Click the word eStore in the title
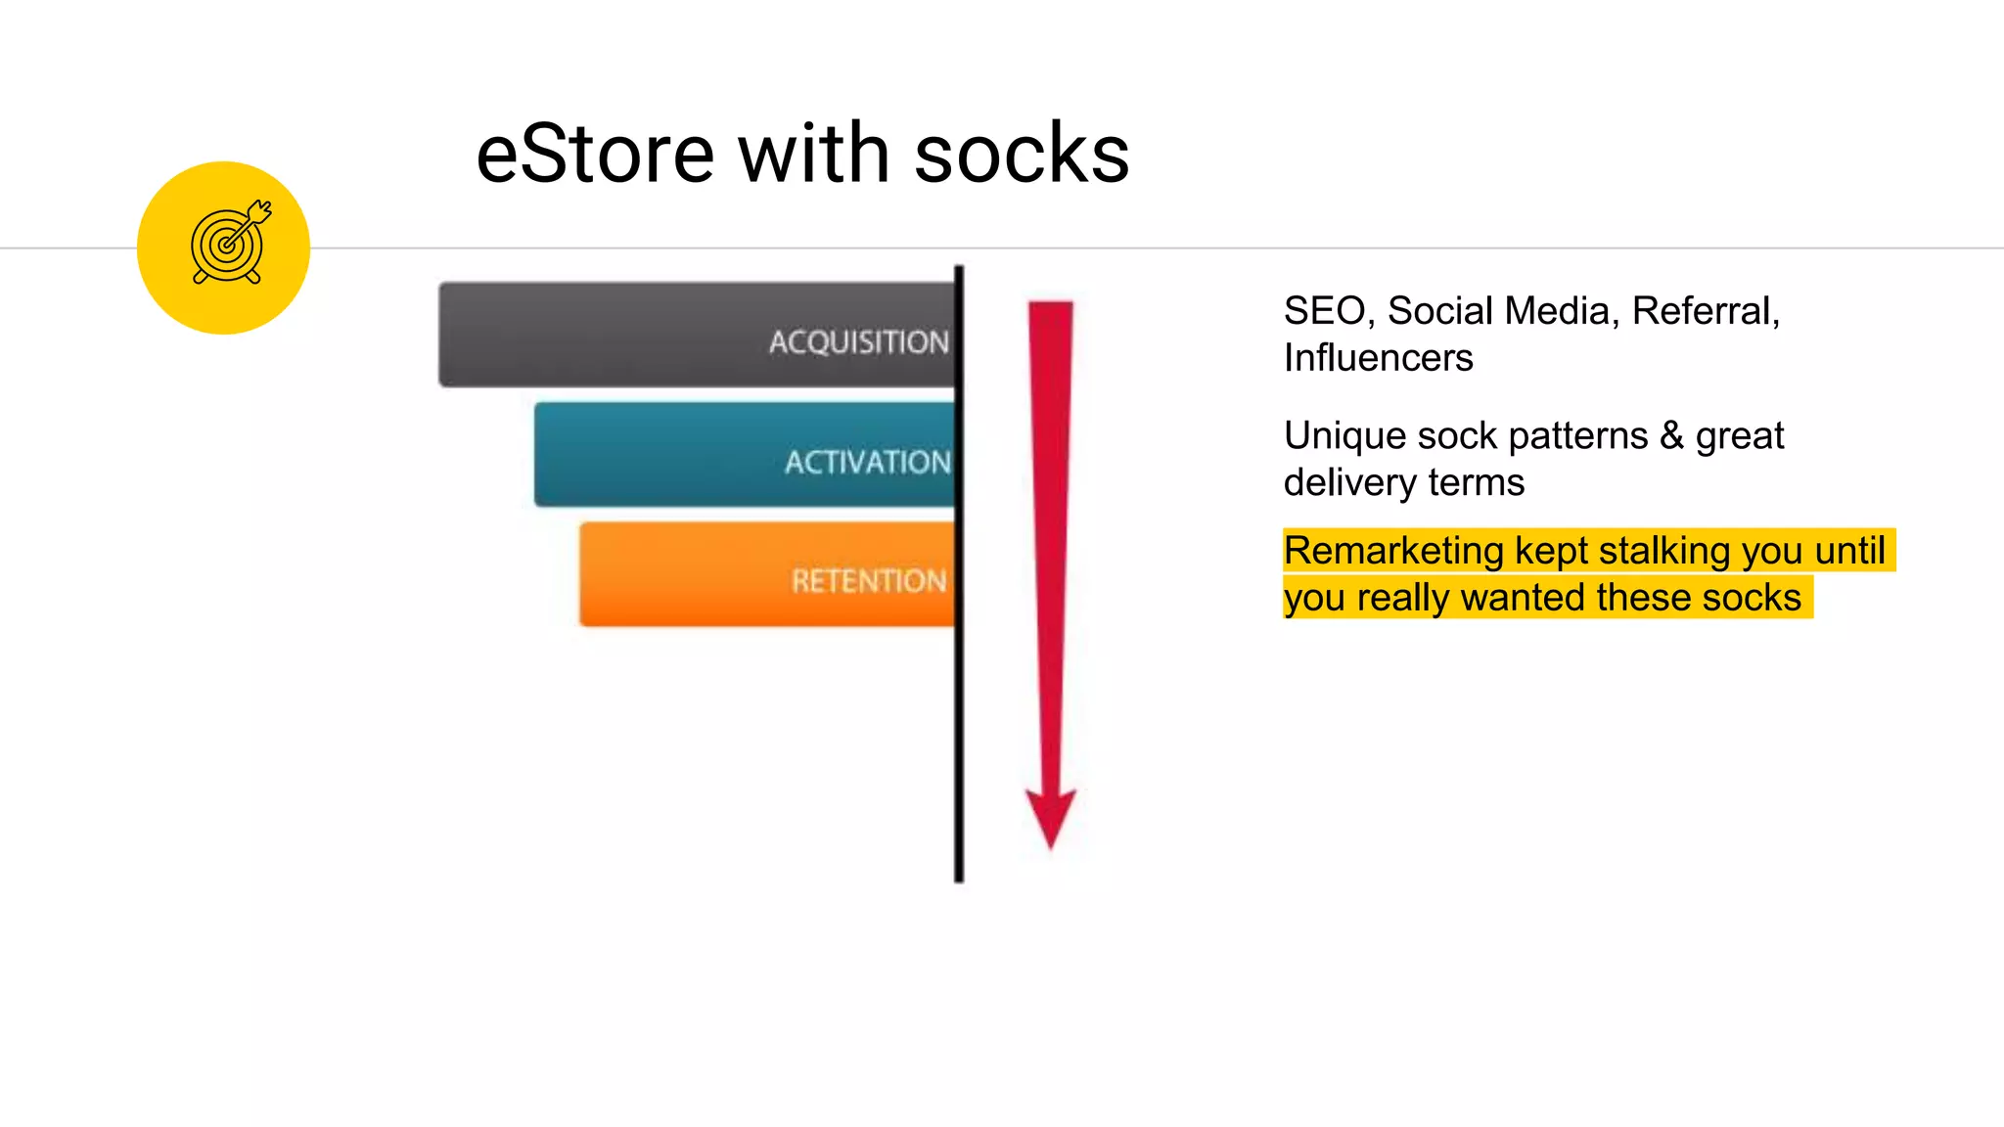595,155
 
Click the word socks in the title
1022,155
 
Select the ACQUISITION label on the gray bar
858,341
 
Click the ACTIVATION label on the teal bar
867,462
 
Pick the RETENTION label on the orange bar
869,581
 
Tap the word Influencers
1378,358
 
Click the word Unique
1344,435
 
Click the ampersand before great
1671,435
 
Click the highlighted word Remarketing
1393,551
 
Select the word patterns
1577,435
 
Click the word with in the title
813,155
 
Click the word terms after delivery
1476,482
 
